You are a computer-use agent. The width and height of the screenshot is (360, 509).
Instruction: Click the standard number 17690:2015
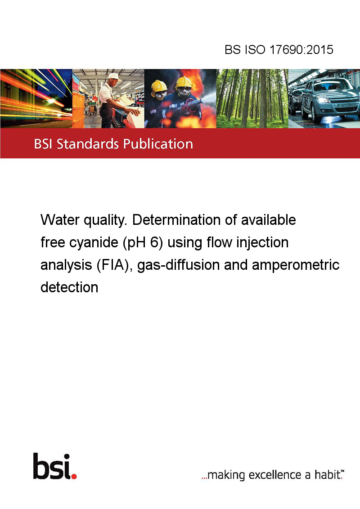(x=301, y=49)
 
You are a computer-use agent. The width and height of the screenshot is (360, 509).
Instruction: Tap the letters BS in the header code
(x=233, y=49)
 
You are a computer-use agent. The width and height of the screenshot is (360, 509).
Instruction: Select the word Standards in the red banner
(x=88, y=144)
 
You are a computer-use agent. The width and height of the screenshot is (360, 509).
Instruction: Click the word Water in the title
(x=60, y=220)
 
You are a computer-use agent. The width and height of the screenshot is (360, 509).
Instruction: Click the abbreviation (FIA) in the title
(x=114, y=265)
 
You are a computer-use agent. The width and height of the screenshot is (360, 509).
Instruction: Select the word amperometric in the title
(x=296, y=265)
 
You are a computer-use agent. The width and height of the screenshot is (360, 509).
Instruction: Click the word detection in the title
(x=69, y=287)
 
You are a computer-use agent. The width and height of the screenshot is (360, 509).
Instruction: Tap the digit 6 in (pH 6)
(x=154, y=242)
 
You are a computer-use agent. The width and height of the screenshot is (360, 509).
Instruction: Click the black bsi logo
(x=52, y=466)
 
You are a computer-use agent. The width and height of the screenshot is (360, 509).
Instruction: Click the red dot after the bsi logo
(x=74, y=476)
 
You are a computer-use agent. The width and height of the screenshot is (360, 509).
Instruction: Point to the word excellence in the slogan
(x=275, y=475)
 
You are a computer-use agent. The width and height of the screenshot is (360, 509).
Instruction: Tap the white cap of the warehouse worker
(x=113, y=76)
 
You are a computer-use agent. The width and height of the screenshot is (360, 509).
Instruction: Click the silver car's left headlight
(x=322, y=100)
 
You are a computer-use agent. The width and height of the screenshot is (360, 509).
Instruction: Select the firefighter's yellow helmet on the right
(x=184, y=82)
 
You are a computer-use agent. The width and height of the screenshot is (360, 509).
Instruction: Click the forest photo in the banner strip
(x=252, y=98)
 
